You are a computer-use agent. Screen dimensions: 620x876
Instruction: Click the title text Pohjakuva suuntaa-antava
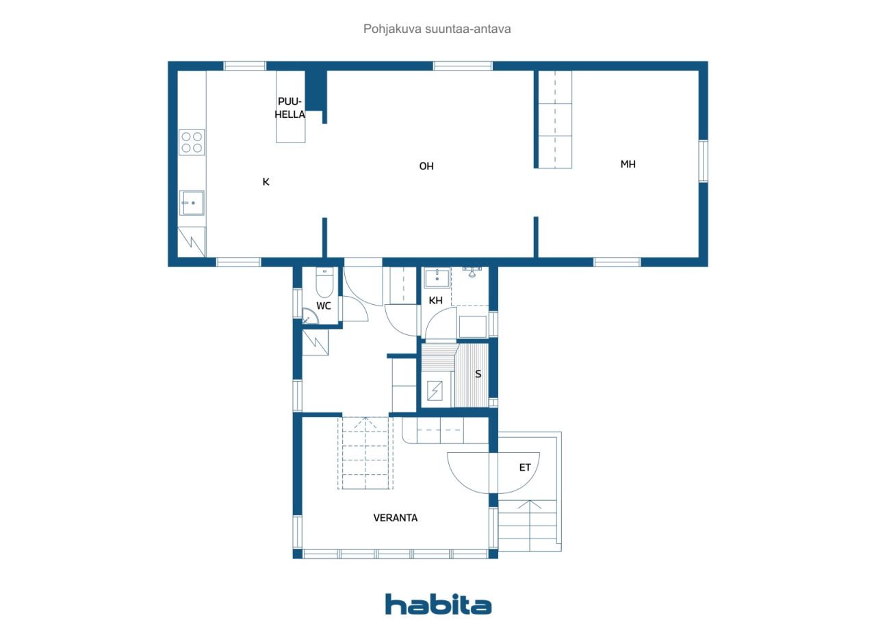pos(437,29)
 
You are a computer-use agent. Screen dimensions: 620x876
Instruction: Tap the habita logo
pos(438,604)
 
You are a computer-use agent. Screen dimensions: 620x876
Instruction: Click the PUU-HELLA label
pos(290,108)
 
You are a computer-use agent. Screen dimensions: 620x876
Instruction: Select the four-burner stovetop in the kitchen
pos(192,142)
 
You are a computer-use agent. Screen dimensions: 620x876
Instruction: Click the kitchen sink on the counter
pos(192,203)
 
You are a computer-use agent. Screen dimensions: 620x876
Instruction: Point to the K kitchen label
pos(266,182)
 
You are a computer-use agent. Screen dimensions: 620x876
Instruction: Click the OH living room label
pos(426,166)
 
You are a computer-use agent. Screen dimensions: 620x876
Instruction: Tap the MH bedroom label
pos(628,164)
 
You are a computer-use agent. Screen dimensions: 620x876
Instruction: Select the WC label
pos(324,306)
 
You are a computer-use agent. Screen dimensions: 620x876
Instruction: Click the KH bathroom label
pos(435,300)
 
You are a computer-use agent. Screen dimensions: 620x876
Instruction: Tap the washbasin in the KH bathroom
pos(436,278)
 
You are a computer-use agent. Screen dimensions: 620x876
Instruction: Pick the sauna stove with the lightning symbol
pos(435,391)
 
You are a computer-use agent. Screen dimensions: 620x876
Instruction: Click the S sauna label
pos(478,374)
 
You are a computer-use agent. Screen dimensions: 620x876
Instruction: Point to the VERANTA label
pos(395,518)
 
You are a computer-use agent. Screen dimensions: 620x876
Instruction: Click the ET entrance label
pos(524,467)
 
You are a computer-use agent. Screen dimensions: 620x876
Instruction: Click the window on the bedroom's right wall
pos(703,161)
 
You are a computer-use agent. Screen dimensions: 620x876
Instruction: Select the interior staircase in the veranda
pos(365,454)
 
